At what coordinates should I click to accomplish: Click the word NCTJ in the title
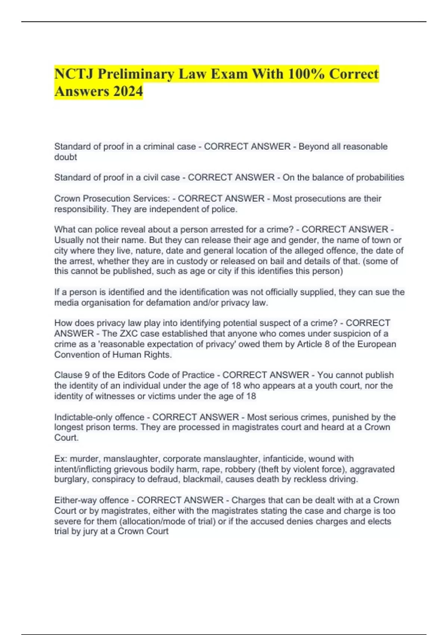(74, 74)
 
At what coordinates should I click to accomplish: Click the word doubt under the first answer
(65, 157)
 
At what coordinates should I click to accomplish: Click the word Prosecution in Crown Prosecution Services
(106, 198)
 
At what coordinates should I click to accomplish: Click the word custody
(192, 261)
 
